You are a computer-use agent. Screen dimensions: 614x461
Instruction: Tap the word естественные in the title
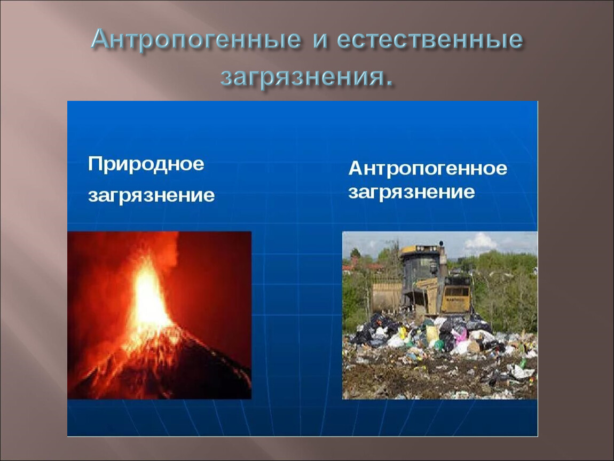[429, 39]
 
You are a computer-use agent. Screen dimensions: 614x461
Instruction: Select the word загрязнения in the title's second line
[302, 76]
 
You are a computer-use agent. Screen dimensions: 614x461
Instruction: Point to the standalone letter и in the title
[319, 41]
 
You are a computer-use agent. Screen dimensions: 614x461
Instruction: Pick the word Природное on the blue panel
[146, 164]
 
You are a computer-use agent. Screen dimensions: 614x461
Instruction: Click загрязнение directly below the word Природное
[152, 195]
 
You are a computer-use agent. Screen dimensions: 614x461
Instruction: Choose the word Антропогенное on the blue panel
[428, 168]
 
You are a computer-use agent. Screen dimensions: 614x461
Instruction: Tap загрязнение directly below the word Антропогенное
[412, 192]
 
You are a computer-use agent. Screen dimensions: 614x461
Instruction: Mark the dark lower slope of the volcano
[168, 376]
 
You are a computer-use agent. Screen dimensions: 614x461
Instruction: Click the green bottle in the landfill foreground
[522, 363]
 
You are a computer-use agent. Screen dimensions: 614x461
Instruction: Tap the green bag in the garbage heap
[439, 344]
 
